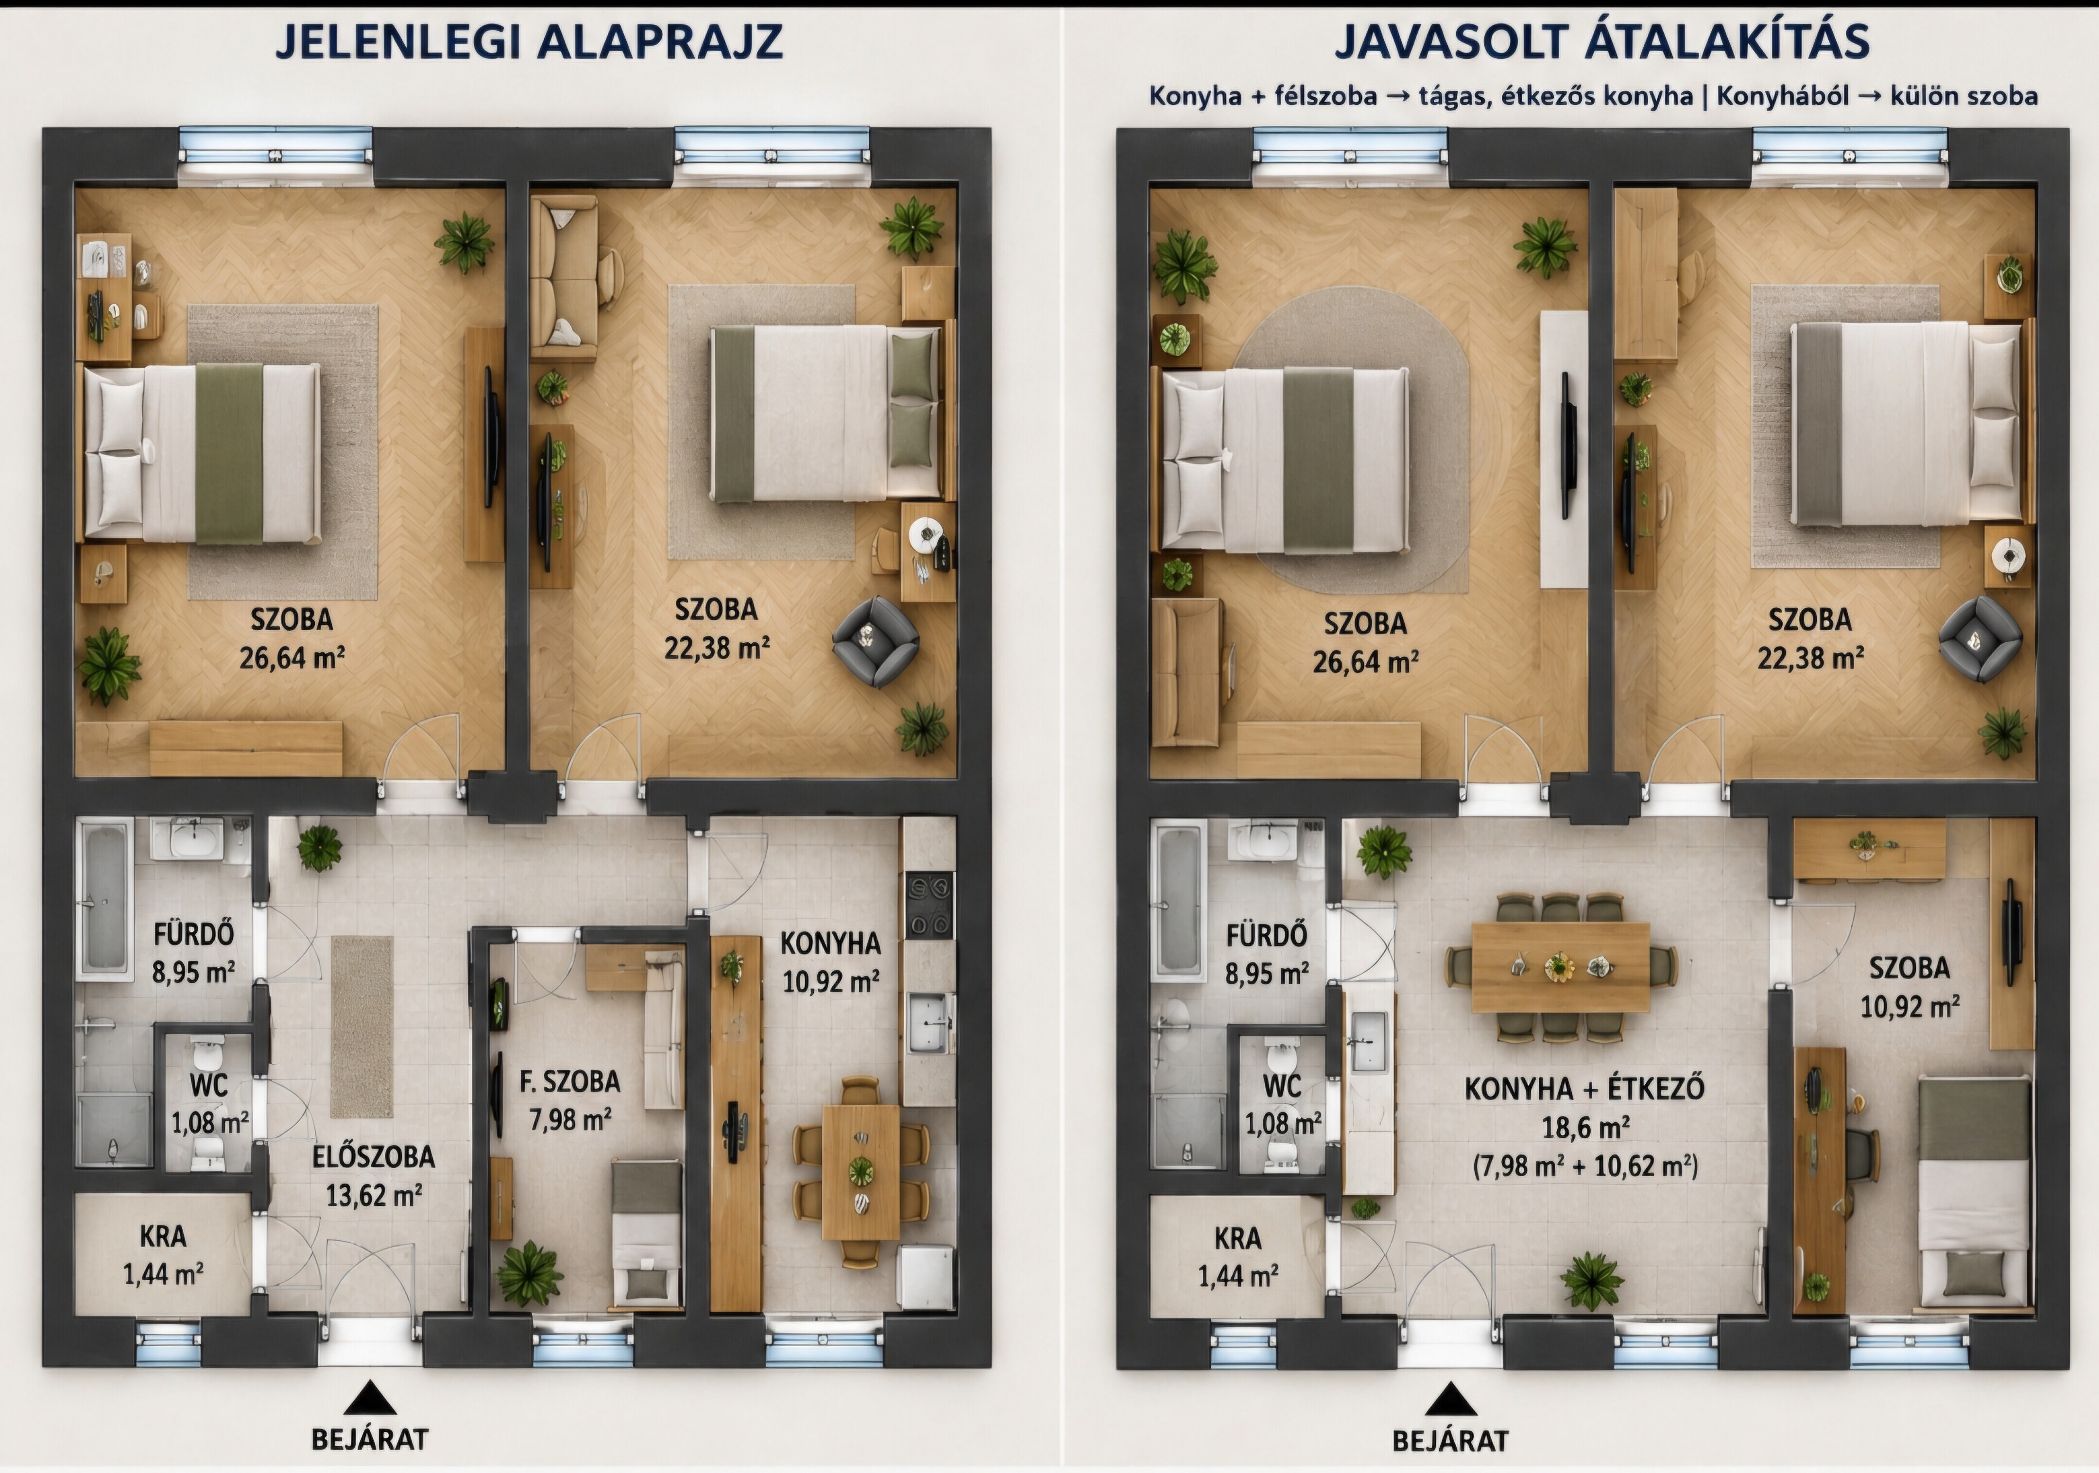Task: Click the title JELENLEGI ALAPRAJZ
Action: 529,42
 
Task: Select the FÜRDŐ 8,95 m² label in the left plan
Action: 193,952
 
